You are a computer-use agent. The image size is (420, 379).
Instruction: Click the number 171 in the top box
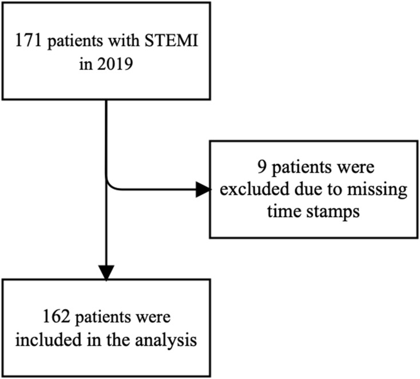pos(28,41)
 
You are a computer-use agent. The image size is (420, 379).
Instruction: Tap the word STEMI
pos(172,41)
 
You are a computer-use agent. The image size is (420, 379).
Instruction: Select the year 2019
pos(115,64)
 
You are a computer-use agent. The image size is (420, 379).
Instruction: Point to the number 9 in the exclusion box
pos(262,167)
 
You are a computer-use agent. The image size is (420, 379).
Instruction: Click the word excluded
pos(255,189)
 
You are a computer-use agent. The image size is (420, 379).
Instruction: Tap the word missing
pos(377,190)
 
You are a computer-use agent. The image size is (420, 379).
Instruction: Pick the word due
pos(308,189)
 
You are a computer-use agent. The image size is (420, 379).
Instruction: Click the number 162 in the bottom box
pos(56,317)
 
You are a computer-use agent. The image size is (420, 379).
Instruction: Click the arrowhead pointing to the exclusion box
pos(203,189)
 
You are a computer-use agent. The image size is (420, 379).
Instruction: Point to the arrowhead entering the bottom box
pos(106,273)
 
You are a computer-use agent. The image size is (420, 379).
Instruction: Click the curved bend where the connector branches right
pos(110,186)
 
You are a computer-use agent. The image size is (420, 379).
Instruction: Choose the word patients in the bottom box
pos(102,318)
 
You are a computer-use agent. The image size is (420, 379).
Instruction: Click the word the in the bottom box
pos(118,340)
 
